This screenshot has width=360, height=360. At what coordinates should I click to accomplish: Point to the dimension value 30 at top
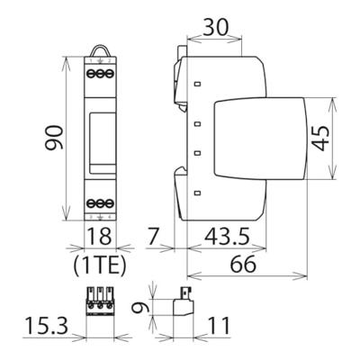click(x=215, y=27)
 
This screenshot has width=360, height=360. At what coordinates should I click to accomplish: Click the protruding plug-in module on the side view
click(x=261, y=137)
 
